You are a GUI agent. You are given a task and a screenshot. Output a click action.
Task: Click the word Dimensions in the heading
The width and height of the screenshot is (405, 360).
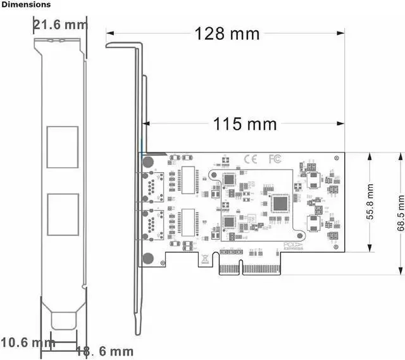(x=26, y=4)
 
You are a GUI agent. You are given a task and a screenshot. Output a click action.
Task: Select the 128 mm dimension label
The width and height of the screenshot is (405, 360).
(x=227, y=33)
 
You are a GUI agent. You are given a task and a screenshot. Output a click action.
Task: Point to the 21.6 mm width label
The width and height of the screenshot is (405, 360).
(x=61, y=25)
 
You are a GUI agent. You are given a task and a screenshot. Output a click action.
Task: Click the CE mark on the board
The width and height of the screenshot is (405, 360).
(x=250, y=159)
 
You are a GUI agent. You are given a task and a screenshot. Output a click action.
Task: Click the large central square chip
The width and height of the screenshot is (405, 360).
(x=280, y=203)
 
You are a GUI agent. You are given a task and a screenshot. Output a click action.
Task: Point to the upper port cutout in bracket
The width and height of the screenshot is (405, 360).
(x=63, y=147)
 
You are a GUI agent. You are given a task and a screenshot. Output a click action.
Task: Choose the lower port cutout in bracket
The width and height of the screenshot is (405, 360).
(x=63, y=214)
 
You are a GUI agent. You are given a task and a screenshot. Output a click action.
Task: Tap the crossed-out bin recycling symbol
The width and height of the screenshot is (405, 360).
(x=206, y=258)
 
